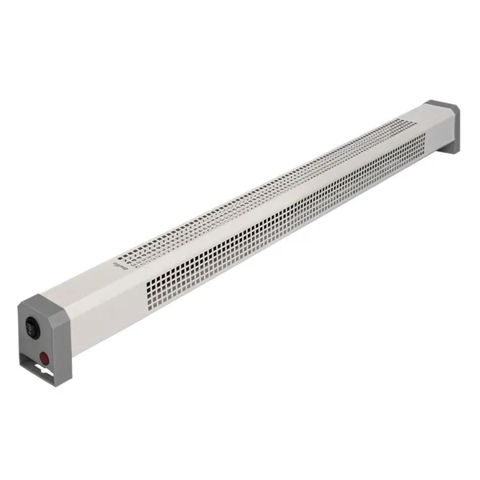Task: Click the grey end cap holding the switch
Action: coord(39,336)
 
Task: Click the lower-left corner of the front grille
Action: coord(147,309)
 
